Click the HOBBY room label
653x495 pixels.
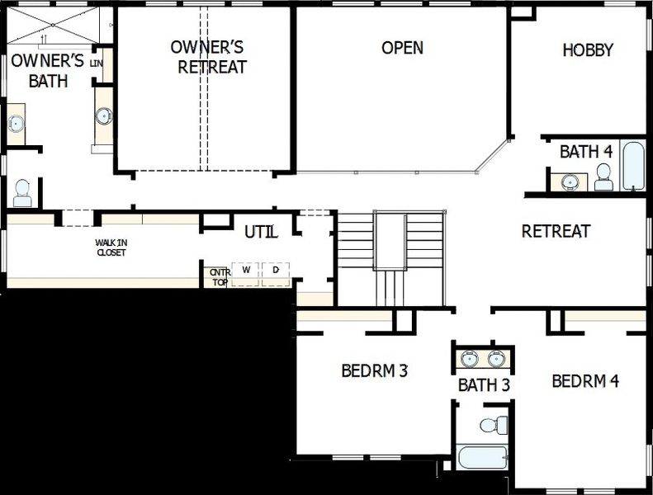[x=588, y=50]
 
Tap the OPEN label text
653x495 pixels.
[x=402, y=48]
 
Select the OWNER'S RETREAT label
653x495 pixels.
[x=211, y=57]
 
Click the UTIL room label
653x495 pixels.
[x=261, y=232]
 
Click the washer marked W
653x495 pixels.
[x=246, y=271]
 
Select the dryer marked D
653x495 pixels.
[x=275, y=271]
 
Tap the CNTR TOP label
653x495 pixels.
[x=218, y=276]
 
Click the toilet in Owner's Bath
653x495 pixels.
[x=22, y=193]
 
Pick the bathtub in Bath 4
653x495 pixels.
[x=632, y=167]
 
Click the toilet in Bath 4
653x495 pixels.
[x=603, y=177]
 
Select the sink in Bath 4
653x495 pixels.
[x=570, y=181]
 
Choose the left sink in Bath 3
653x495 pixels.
[x=469, y=358]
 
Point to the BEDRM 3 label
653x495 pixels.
[x=374, y=370]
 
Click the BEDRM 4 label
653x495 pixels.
[x=584, y=381]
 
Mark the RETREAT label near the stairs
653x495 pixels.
[x=556, y=232]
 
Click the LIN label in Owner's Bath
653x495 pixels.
[x=97, y=63]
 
